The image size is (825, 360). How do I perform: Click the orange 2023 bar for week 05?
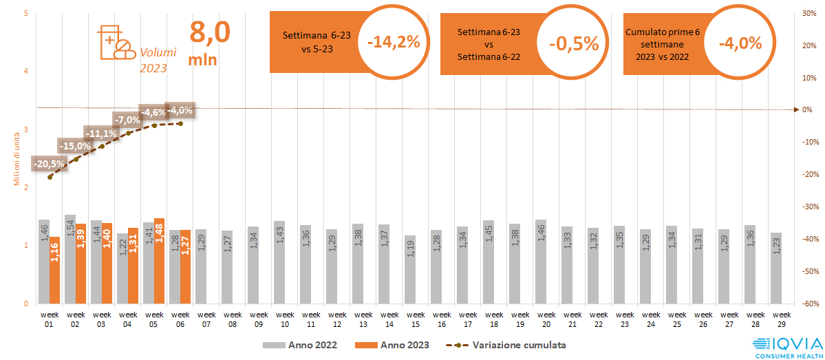click(160, 261)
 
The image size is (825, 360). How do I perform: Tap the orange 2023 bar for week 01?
click(54, 270)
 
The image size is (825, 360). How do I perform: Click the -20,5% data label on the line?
click(50, 164)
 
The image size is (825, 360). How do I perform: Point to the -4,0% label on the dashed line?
click(180, 110)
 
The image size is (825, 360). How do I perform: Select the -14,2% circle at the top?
click(394, 42)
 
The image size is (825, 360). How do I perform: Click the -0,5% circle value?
click(574, 43)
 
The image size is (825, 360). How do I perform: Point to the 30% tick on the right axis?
click(808, 13)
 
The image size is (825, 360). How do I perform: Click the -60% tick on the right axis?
click(807, 304)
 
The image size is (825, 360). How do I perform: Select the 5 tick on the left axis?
click(25, 13)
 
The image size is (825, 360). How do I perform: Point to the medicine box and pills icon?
click(116, 42)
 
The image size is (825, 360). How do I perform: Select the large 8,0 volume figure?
click(210, 33)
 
